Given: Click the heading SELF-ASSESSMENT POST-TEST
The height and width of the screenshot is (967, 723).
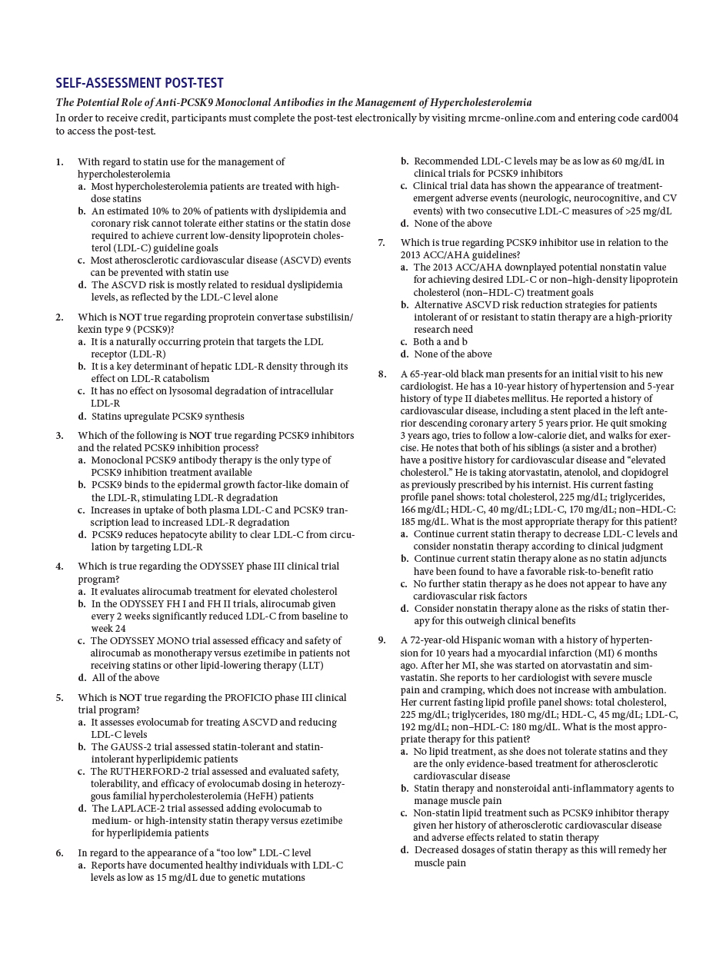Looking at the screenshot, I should [139, 84].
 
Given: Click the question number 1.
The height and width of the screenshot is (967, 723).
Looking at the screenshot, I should [59, 162].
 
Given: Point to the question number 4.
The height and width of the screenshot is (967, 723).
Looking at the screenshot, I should [59, 567].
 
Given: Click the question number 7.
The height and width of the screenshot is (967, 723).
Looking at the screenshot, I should [381, 243].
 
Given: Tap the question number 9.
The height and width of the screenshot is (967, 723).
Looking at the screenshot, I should [381, 640].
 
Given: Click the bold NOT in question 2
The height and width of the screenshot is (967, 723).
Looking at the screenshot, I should [129, 317].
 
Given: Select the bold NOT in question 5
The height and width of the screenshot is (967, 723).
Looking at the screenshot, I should [129, 698].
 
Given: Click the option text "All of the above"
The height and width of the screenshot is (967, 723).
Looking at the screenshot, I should [125, 678].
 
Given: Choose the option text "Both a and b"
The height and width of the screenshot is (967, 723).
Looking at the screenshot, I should [440, 342].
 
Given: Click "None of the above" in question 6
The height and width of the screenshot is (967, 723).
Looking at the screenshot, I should [453, 224].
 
